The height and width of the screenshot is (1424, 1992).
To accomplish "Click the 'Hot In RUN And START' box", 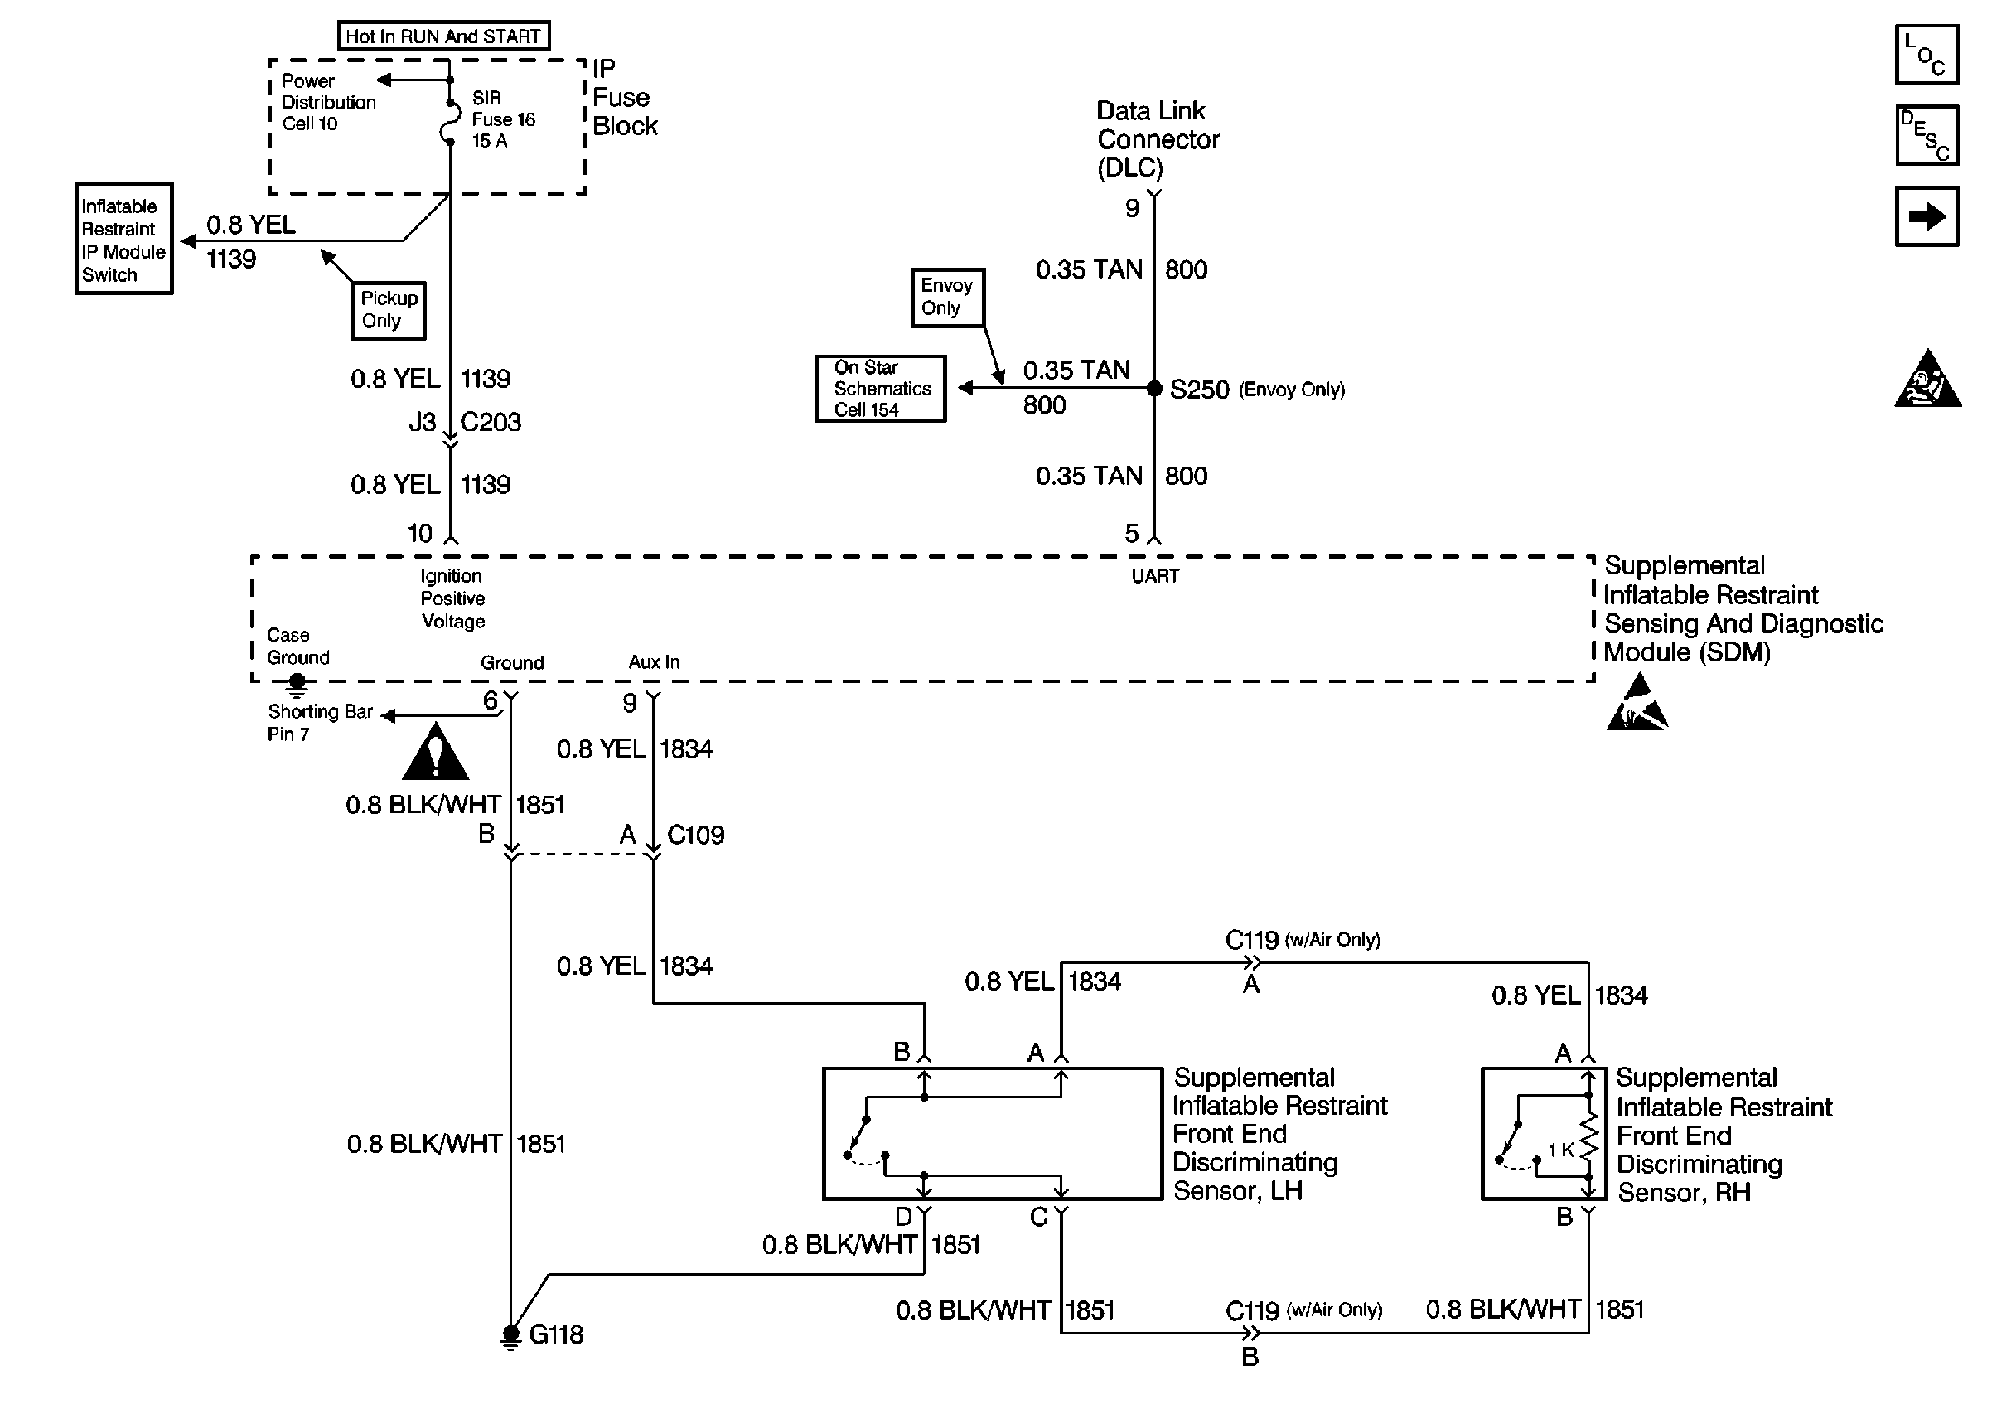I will click(443, 36).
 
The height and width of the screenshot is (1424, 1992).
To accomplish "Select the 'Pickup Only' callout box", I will click(389, 309).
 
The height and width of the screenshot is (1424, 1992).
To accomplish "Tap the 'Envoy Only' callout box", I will click(947, 298).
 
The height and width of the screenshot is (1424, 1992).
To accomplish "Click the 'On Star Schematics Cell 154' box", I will click(881, 389).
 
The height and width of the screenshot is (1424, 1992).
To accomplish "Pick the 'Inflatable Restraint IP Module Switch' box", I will click(123, 240).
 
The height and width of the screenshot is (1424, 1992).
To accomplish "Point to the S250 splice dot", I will click(1154, 389).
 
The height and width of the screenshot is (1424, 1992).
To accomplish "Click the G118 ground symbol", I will click(511, 1335).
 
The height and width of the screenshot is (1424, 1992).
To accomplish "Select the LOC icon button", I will click(1927, 56).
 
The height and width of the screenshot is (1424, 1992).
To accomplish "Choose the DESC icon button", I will click(1927, 135).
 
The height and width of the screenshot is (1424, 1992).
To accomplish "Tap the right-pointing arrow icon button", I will click(1927, 216).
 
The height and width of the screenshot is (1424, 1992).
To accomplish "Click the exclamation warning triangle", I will click(436, 753).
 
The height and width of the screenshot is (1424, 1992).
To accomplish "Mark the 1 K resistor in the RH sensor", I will click(1588, 1149).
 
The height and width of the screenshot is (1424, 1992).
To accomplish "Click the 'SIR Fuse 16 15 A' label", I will click(503, 119).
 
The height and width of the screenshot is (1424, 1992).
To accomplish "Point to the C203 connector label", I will click(491, 423).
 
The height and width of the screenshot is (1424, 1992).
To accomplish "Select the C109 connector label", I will click(696, 835).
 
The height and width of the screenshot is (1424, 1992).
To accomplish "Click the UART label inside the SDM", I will click(1155, 576).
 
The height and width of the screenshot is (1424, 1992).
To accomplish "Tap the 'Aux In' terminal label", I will click(654, 662).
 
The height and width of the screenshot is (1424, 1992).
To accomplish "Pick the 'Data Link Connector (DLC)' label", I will click(1157, 138).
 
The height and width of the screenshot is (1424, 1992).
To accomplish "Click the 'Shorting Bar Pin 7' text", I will click(320, 723).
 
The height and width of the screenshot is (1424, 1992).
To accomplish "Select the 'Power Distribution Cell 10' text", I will click(328, 103).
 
